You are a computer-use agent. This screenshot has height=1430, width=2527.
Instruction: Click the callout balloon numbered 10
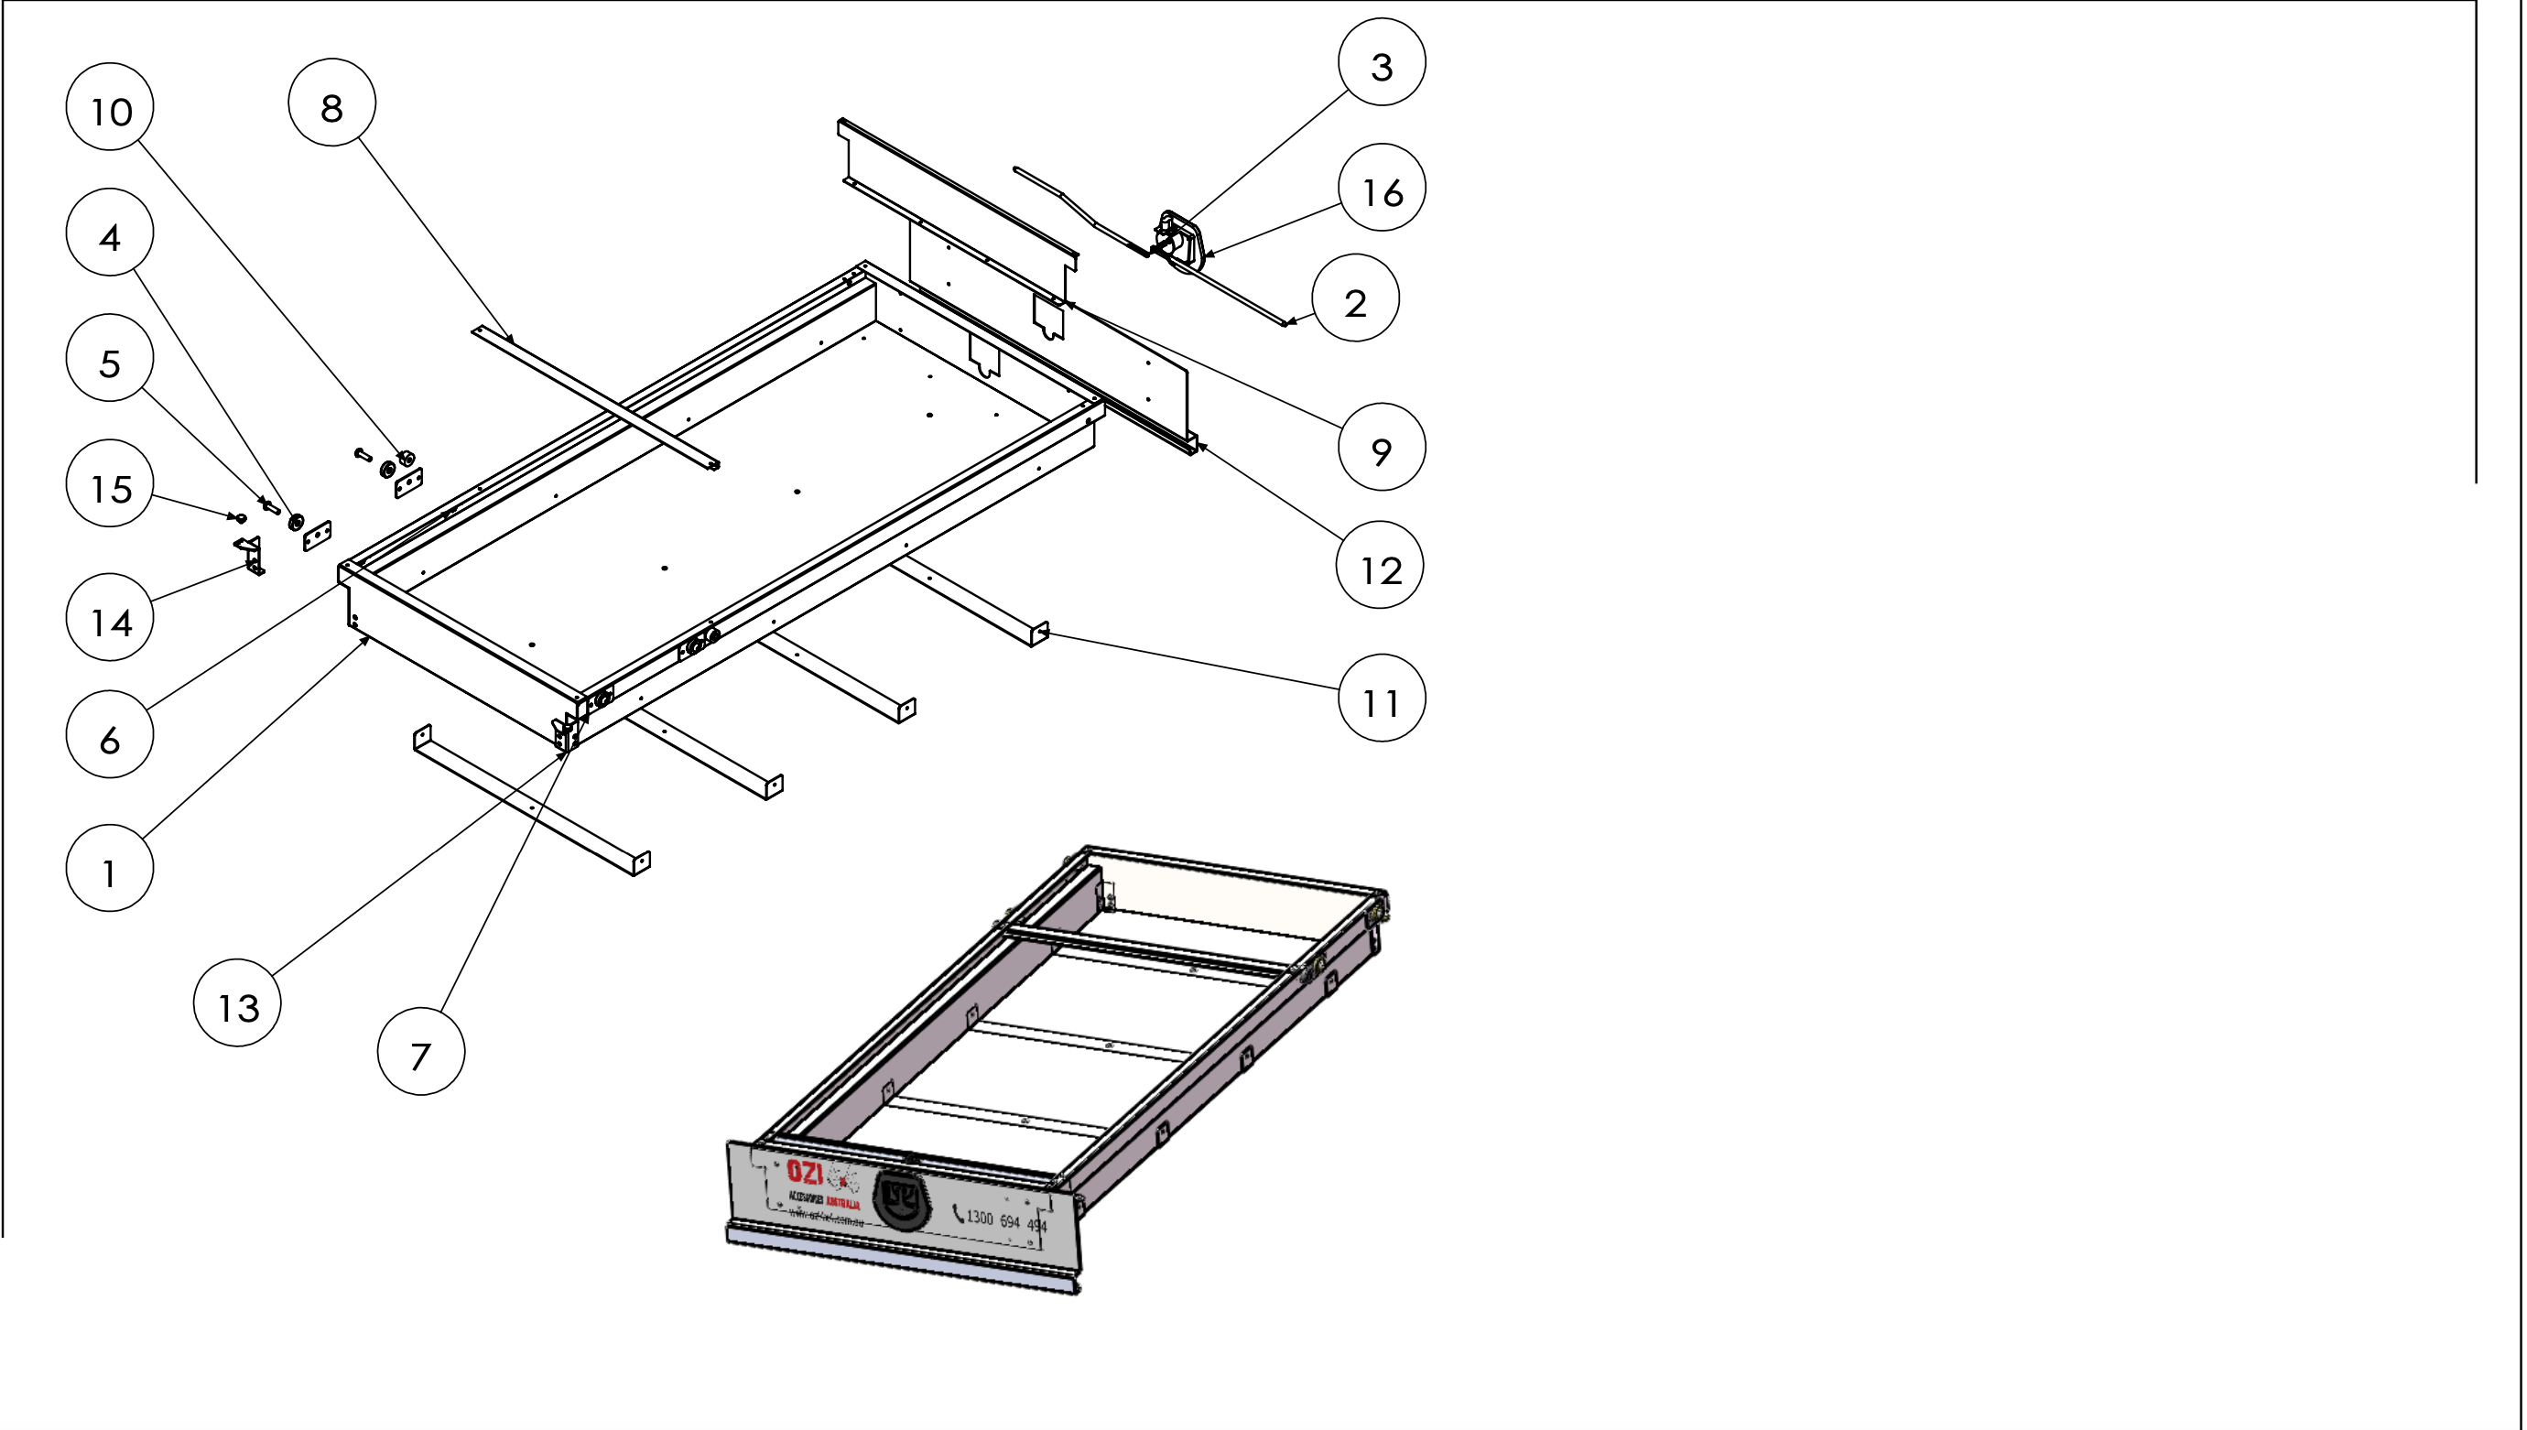(110, 107)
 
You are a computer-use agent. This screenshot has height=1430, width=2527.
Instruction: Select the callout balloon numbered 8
(332, 103)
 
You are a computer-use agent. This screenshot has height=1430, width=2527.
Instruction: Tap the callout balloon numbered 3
(1381, 62)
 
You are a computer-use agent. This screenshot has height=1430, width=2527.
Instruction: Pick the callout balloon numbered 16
(1381, 188)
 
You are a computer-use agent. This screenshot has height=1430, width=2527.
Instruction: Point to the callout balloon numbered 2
(1355, 298)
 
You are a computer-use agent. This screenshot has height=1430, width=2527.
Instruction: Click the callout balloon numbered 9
(1381, 447)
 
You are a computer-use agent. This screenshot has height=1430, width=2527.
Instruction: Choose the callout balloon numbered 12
(1379, 566)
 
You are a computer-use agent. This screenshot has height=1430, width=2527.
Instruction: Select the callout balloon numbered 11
(1381, 699)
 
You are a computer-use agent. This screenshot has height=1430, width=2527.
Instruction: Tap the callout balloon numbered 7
(420, 1052)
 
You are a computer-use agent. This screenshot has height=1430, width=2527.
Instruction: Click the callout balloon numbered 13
(238, 1003)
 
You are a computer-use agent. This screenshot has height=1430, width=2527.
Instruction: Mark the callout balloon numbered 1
(110, 868)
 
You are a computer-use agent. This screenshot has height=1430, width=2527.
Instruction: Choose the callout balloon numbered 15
(110, 484)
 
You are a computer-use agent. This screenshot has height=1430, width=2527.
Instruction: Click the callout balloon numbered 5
(110, 359)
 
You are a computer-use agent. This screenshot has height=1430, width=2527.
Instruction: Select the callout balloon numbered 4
(110, 233)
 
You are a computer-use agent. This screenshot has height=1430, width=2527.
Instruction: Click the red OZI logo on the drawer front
(805, 1173)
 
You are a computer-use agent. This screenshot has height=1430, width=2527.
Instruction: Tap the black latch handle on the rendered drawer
(902, 1200)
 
